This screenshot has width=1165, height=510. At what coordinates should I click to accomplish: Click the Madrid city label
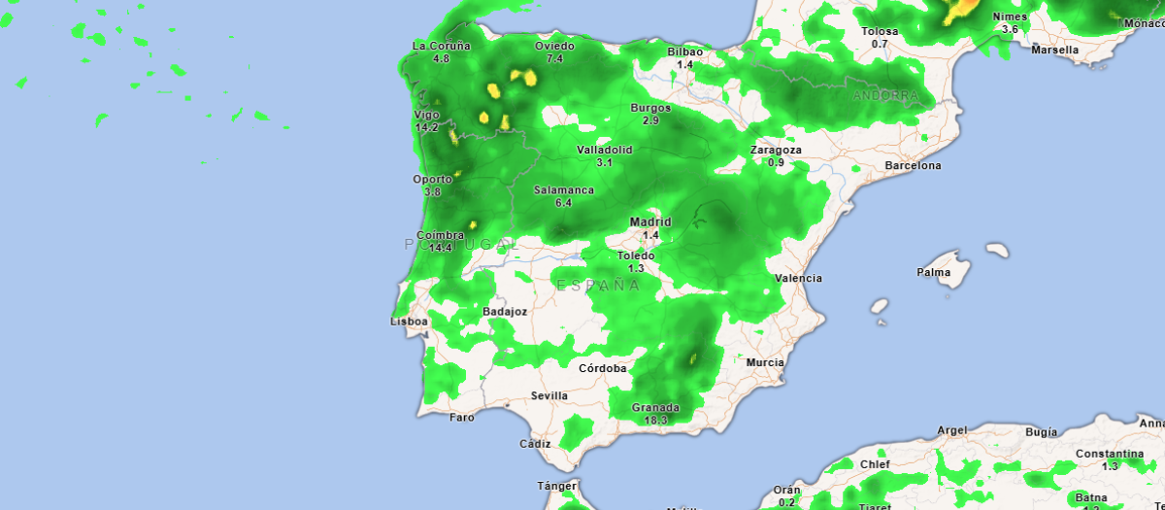point(649,221)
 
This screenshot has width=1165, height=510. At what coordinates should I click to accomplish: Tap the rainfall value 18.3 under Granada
point(655,421)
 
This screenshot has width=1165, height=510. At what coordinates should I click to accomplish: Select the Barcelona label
point(912,165)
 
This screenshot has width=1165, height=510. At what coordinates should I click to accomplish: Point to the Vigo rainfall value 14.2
point(427,127)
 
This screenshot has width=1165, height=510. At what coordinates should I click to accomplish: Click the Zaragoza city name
point(776,150)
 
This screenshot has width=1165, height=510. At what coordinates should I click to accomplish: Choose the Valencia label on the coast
point(798,278)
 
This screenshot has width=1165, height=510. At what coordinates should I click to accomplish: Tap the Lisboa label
point(409,321)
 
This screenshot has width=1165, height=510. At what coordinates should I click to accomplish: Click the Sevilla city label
point(549,395)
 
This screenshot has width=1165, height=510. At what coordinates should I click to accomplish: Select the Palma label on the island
point(933,272)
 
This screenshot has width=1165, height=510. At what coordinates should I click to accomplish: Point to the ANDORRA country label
point(884,96)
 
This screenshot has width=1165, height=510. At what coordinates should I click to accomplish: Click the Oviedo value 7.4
point(554,59)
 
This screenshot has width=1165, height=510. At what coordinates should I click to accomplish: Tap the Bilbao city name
point(684,51)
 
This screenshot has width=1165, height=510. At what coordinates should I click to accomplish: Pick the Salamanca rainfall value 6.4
point(563,203)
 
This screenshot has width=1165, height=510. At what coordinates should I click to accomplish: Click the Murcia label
point(765,362)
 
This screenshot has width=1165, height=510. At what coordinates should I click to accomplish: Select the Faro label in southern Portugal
point(462,417)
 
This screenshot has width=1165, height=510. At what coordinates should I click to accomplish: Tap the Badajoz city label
point(505,311)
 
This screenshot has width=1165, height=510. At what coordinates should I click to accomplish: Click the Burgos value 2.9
point(650,121)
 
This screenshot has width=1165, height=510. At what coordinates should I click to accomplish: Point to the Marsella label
point(1054,49)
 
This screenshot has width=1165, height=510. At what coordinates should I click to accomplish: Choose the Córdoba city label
point(602,368)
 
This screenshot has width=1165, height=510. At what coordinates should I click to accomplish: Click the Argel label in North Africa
point(952,429)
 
